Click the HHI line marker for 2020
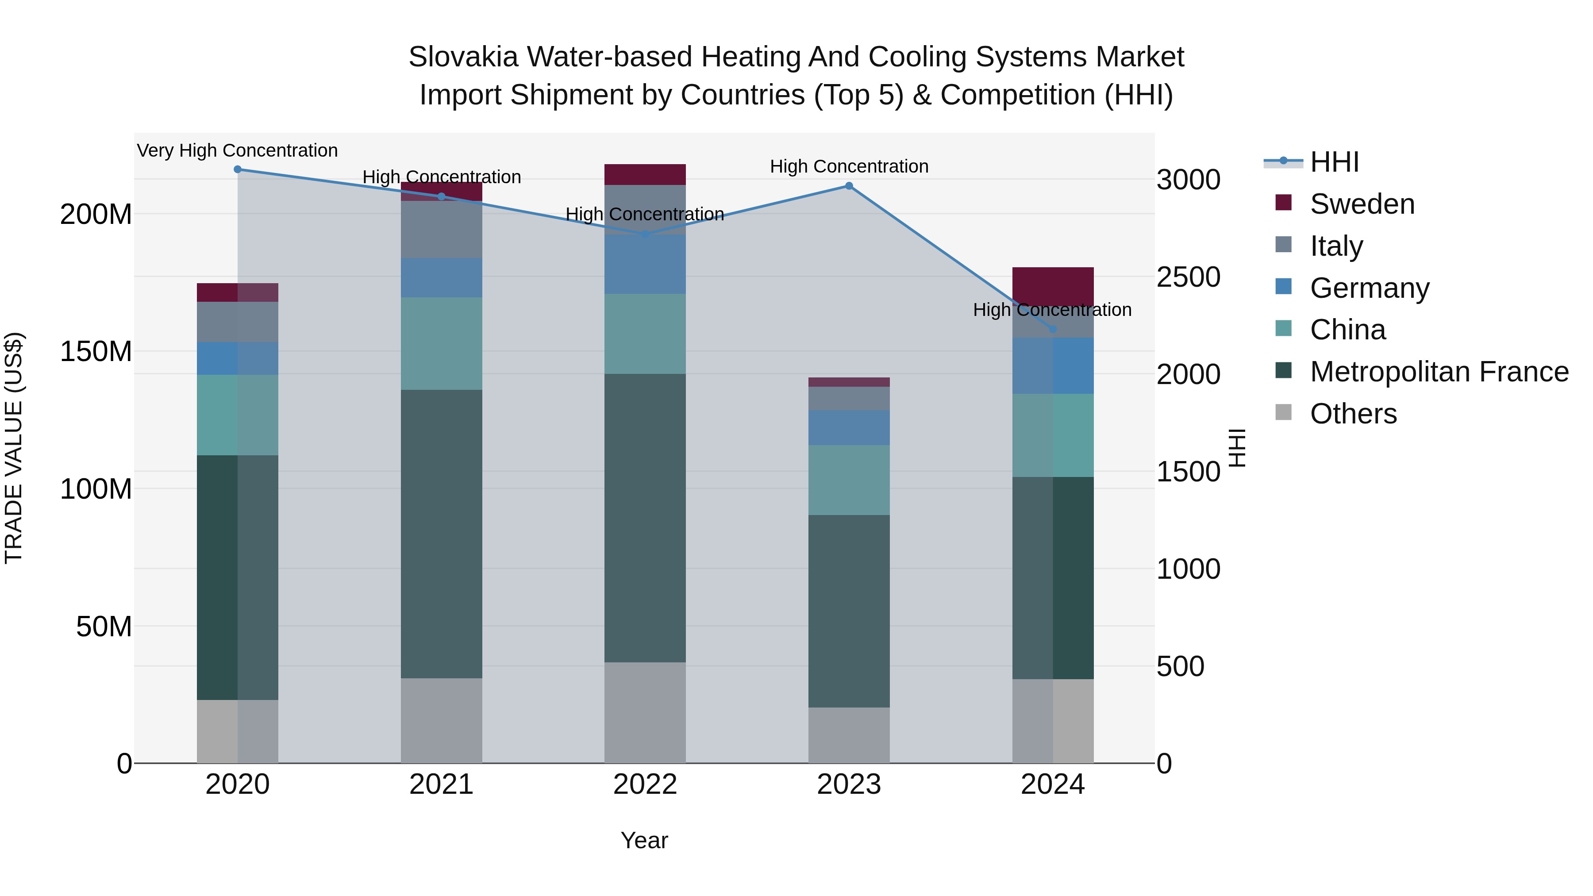point(238,169)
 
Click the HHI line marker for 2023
point(849,186)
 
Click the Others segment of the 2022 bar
point(645,712)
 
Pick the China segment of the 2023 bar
point(849,480)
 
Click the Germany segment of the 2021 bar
point(442,277)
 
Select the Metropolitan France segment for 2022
point(645,518)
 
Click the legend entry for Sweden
point(1362,204)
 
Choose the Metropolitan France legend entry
point(1439,372)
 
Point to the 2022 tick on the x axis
point(645,784)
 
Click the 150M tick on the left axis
point(96,352)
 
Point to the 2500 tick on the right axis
point(1188,277)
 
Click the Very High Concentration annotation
point(238,151)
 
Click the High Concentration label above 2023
point(849,167)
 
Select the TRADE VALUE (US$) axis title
point(14,448)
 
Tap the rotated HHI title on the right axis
point(1236,448)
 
